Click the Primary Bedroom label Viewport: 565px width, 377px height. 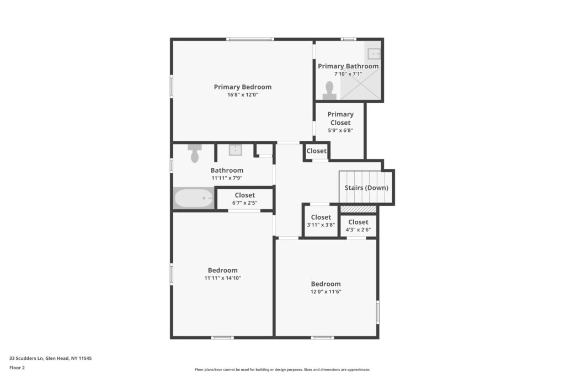(x=243, y=87)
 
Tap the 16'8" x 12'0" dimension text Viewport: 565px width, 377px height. (x=243, y=95)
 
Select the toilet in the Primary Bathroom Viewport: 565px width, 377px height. (x=329, y=91)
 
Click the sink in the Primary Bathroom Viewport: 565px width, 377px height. (x=374, y=54)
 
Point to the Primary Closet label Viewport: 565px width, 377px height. (x=340, y=118)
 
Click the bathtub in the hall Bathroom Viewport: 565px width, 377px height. (x=194, y=198)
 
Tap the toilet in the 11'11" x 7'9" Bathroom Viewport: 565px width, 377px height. (x=195, y=153)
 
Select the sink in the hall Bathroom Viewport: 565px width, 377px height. (x=235, y=150)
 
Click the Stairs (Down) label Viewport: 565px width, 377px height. (x=366, y=188)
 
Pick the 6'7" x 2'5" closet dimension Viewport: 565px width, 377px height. (x=244, y=203)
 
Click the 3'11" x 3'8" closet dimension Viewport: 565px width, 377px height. (x=321, y=225)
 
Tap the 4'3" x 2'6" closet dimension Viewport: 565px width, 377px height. (x=358, y=230)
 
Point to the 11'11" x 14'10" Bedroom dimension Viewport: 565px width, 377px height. (x=223, y=278)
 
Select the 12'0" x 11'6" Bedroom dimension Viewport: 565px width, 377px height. (x=326, y=291)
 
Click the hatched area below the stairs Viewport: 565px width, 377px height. (x=358, y=209)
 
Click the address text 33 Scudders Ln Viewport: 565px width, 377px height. (x=26, y=358)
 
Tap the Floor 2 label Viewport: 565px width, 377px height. (x=17, y=368)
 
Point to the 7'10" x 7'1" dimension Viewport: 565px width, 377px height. (x=348, y=74)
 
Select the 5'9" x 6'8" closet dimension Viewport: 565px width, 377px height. (x=340, y=130)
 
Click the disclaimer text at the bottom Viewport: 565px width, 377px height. (x=282, y=369)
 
